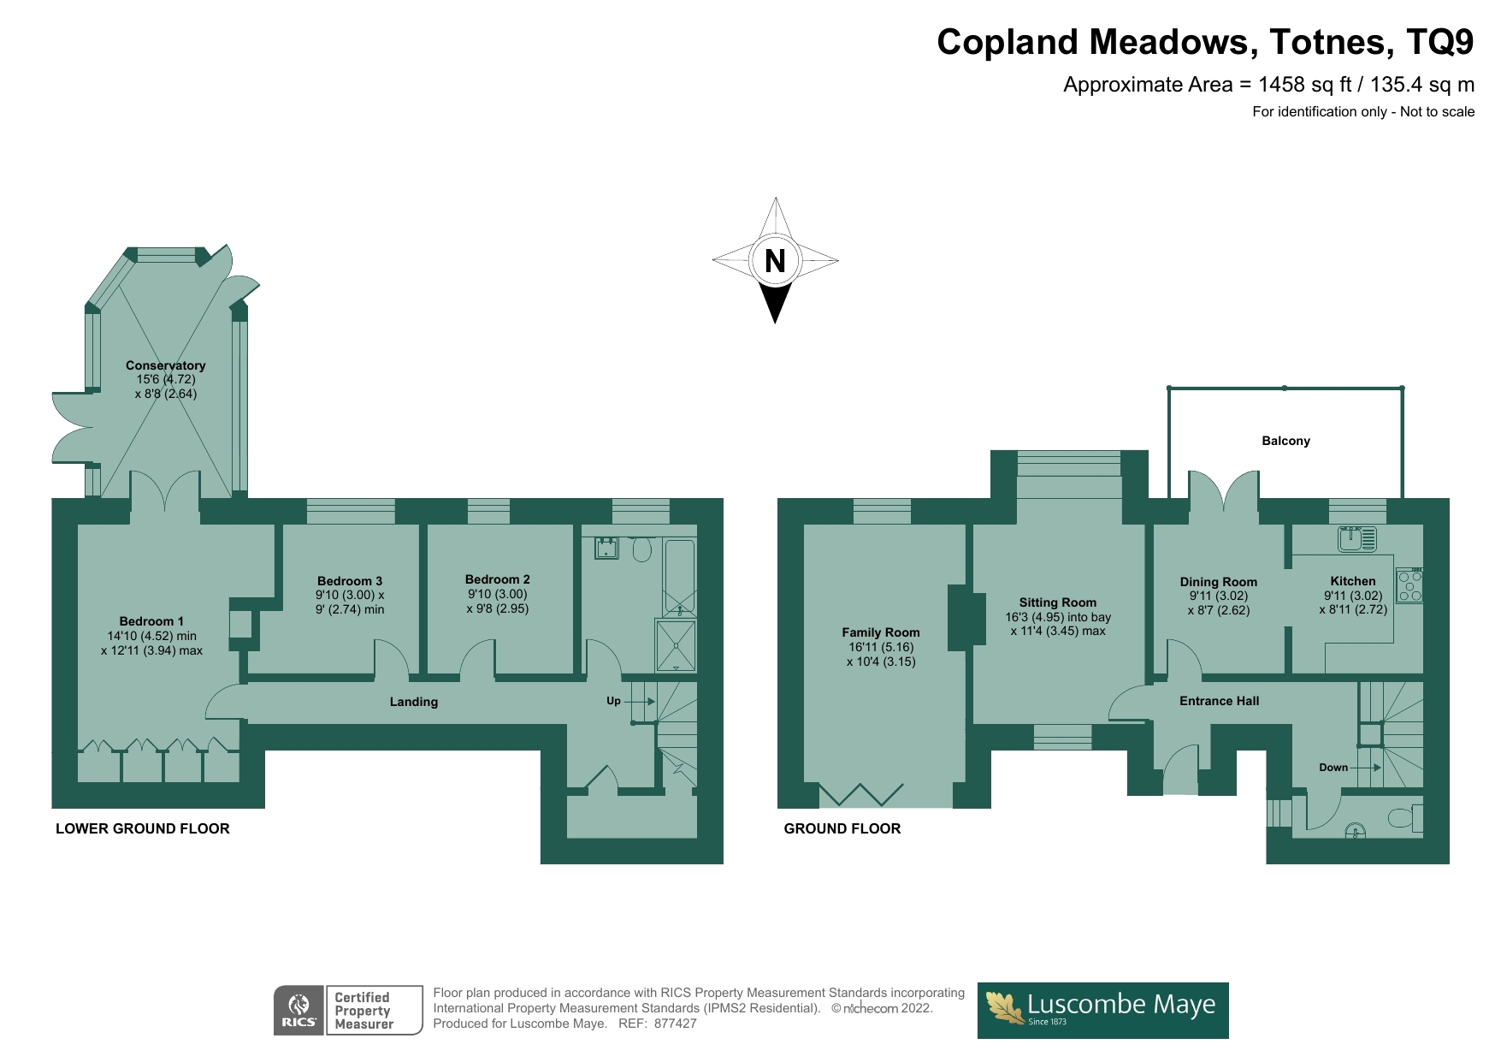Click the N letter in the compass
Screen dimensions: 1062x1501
(775, 261)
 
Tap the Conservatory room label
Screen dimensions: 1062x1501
(165, 365)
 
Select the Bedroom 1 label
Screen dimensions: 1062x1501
(151, 621)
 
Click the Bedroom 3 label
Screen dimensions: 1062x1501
(349, 580)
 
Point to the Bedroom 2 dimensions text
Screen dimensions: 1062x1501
(497, 602)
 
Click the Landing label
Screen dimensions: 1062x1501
(414, 702)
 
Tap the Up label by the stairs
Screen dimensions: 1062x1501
(613, 701)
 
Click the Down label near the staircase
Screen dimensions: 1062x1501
(1333, 768)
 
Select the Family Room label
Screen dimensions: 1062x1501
(880, 632)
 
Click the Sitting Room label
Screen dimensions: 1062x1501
(1057, 602)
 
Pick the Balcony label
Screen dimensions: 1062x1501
(1285, 441)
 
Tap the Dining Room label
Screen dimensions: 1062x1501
(1218, 582)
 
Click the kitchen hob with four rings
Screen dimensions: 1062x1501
(1409, 585)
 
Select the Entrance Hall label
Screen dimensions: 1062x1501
(1219, 701)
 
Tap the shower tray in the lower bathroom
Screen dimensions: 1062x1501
(676, 645)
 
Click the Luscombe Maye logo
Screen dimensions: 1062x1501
(1102, 1010)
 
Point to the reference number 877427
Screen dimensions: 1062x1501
(675, 1023)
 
